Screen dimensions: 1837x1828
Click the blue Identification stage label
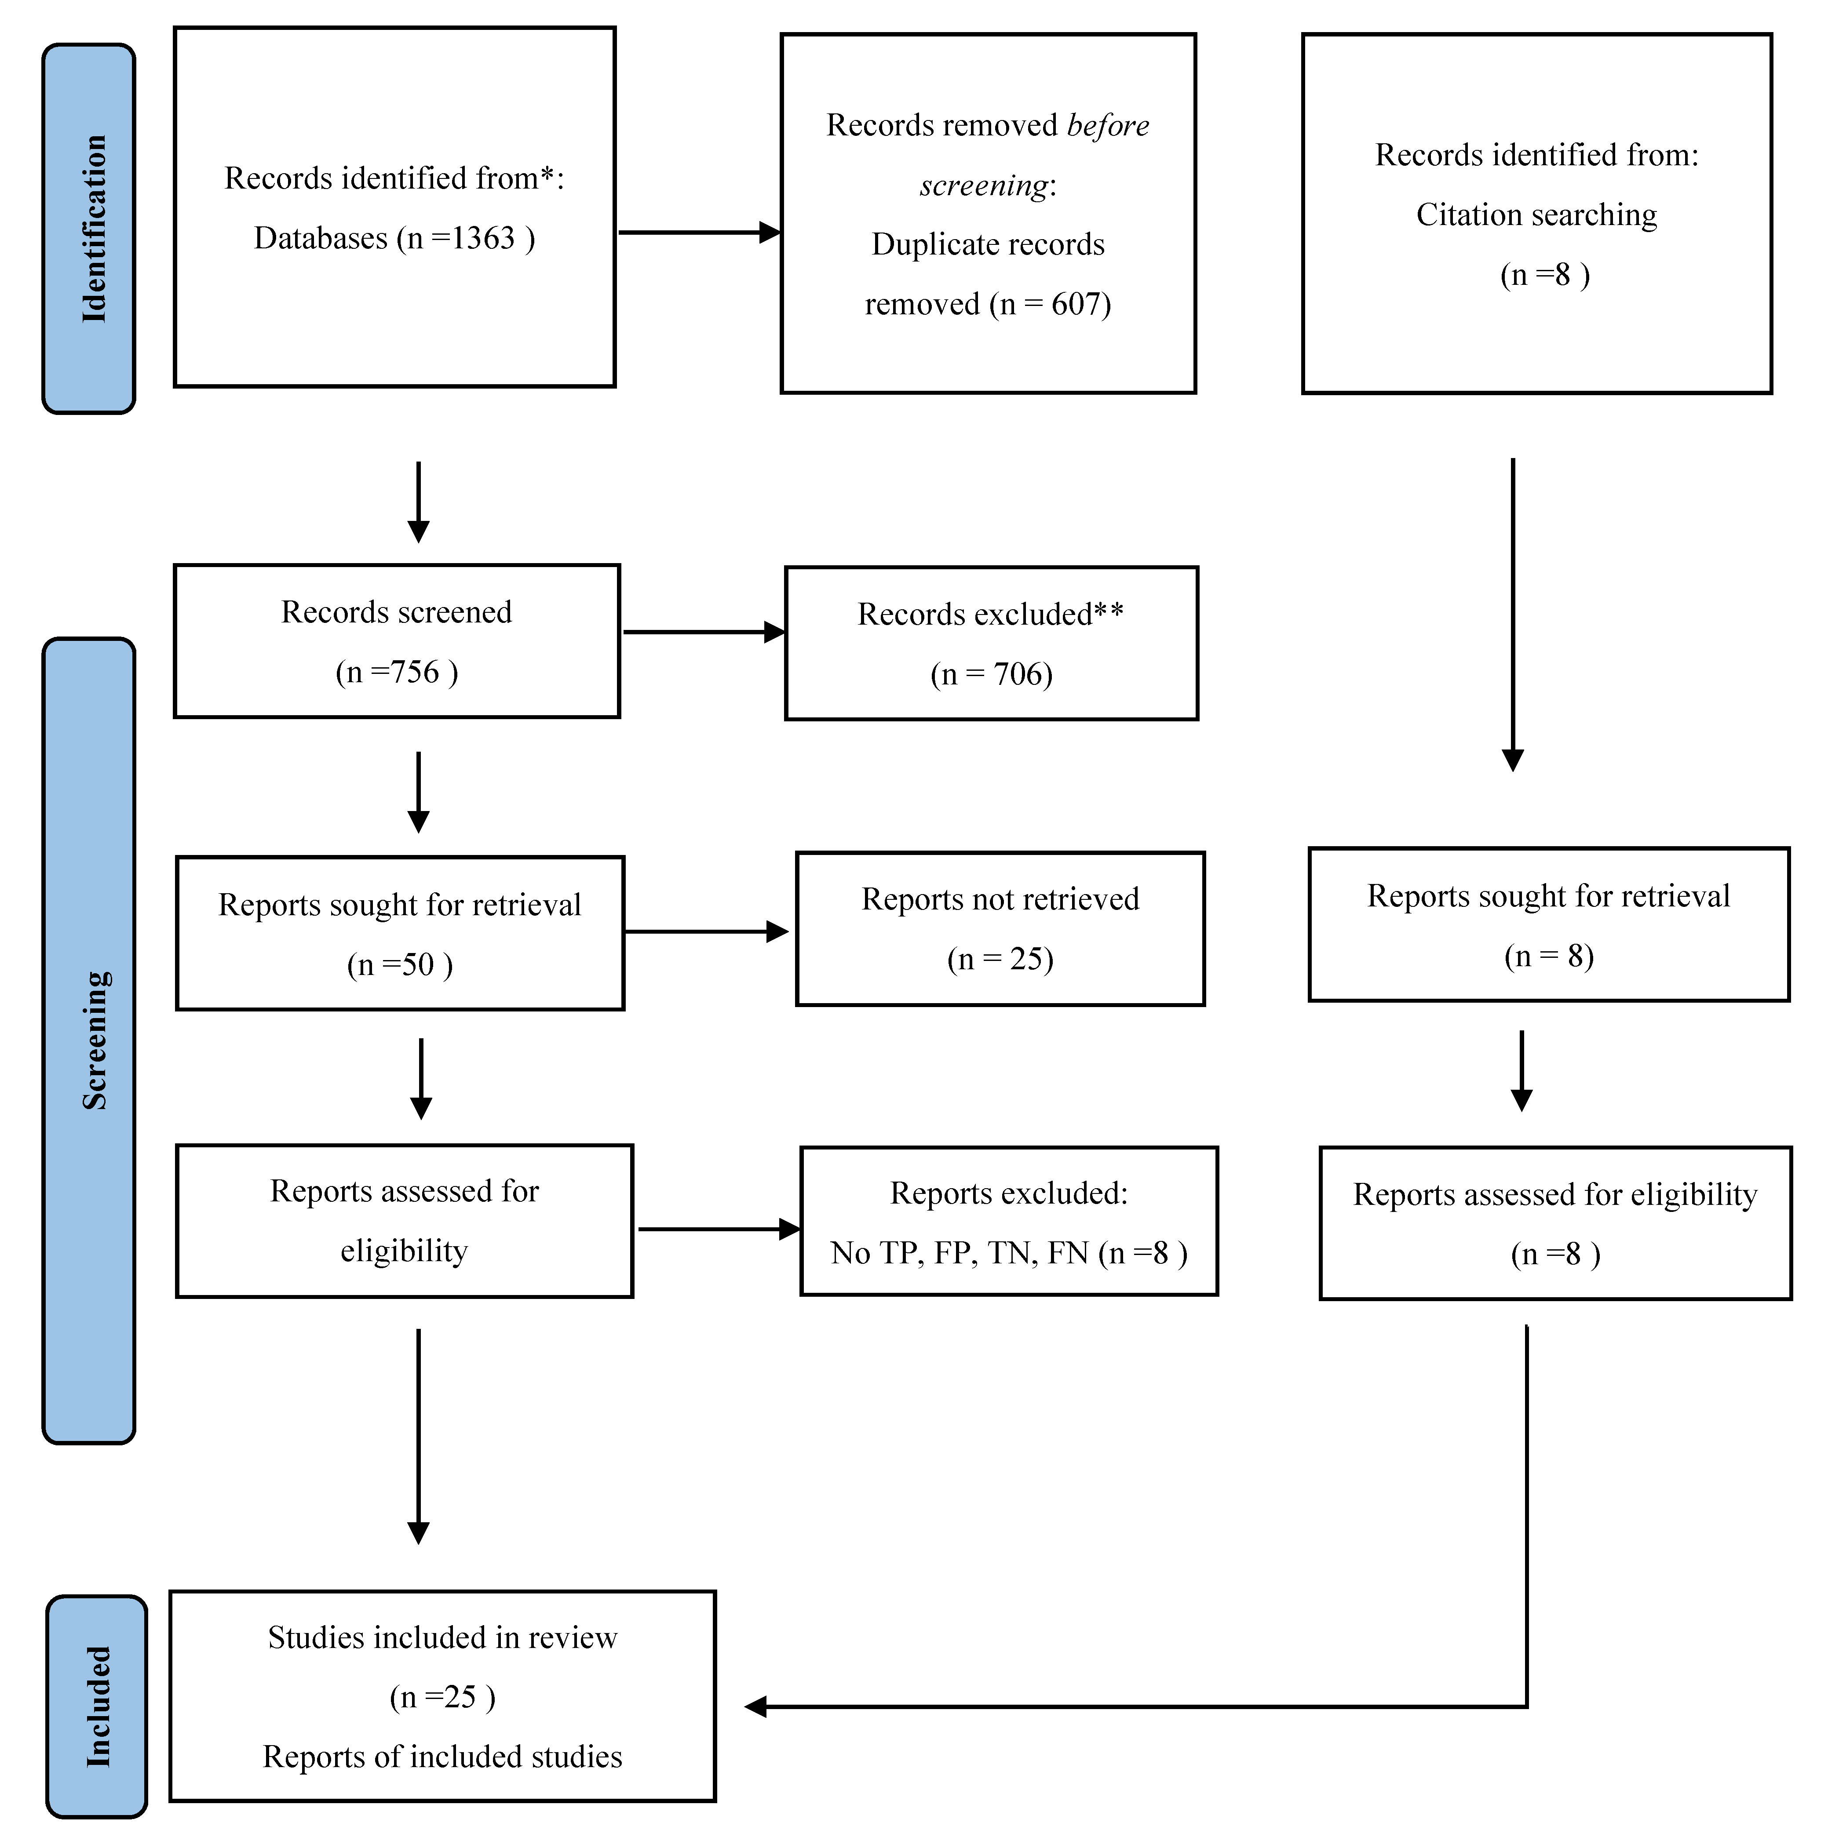coord(89,228)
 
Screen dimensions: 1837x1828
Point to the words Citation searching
coord(1536,215)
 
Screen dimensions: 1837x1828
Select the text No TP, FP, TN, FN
coord(959,1253)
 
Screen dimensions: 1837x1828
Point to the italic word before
coord(1108,126)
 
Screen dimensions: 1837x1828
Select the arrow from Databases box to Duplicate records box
coord(699,232)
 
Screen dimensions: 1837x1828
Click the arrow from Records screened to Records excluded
coord(704,632)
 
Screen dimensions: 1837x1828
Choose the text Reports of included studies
coord(442,1756)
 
